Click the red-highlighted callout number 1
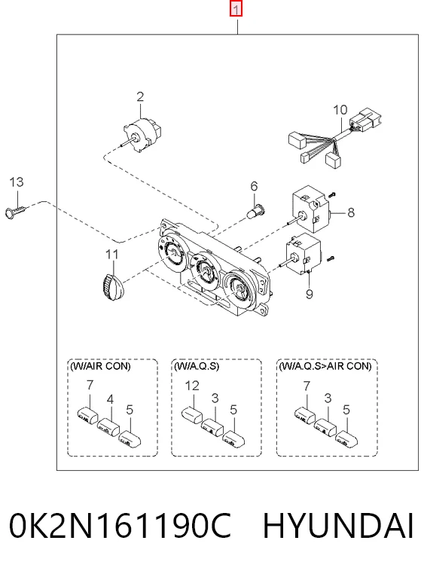pos(236,9)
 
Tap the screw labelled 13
pos(17,212)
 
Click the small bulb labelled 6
pos(258,211)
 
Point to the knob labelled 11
pos(112,286)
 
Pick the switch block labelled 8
pos(312,209)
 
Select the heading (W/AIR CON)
pos(100,365)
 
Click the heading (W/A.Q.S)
pos(197,365)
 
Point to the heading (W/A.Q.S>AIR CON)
pos(325,365)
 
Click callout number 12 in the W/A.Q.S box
pos(192,386)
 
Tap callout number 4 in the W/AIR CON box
pos(110,399)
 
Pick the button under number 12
pos(192,415)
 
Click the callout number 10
pos(340,110)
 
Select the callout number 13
pos(17,182)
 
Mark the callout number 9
pos(310,294)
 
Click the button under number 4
pos(108,427)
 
